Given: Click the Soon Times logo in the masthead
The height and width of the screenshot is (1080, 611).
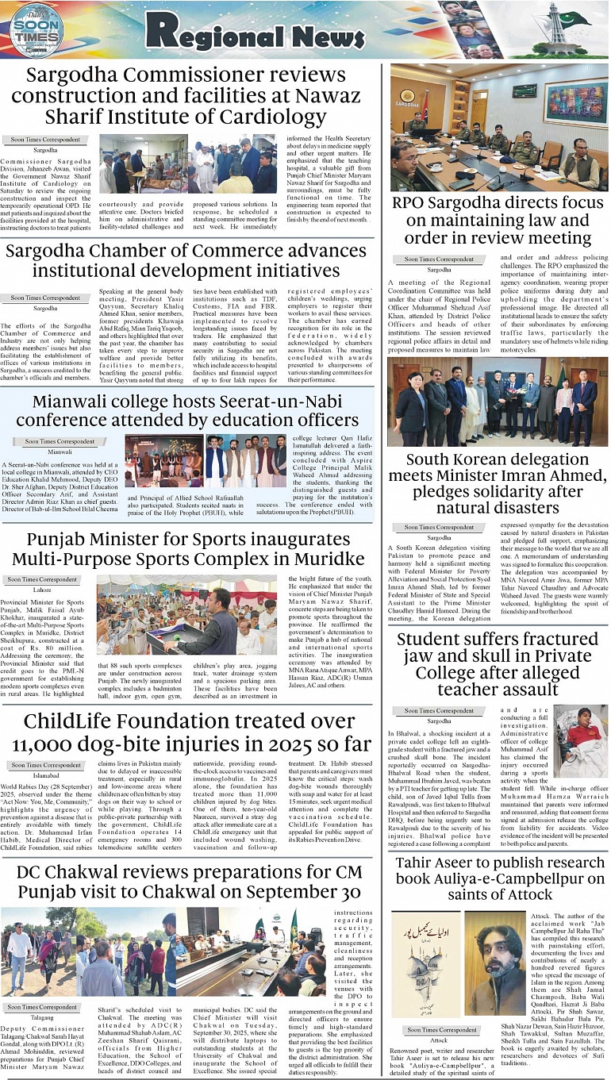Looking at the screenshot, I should [x=37, y=30].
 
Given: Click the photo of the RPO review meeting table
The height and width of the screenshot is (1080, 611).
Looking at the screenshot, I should [x=498, y=127].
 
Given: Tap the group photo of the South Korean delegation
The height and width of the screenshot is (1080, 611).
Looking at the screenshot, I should [x=498, y=401].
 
